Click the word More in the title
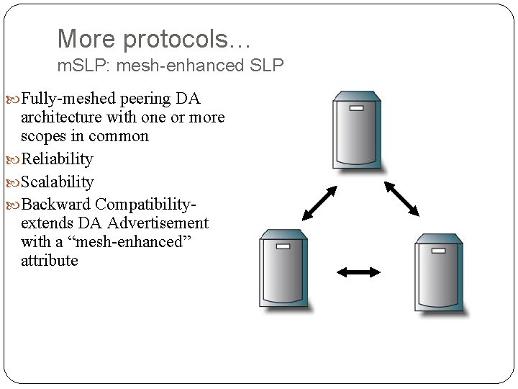pos(81,39)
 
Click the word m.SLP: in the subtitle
pos(81,66)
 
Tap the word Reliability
pos(57,159)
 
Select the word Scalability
pos(58,182)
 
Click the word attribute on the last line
pos(50,261)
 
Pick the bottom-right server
pos(438,274)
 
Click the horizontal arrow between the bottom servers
pos(359,272)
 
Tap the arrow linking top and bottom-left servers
pos(319,203)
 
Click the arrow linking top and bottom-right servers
pos(401,198)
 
